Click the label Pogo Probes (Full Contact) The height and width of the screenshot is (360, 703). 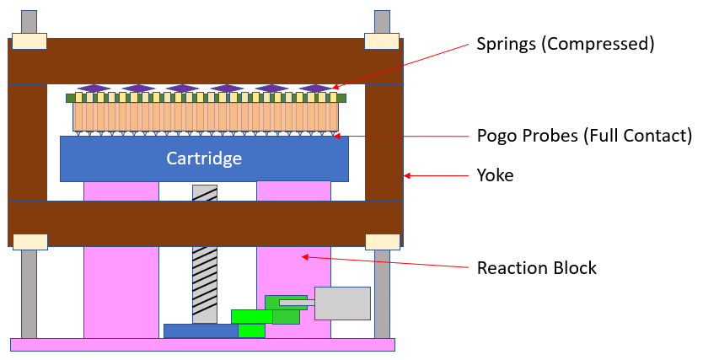click(x=584, y=135)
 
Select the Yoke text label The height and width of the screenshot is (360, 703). click(x=495, y=175)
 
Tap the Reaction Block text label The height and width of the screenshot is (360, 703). click(x=536, y=268)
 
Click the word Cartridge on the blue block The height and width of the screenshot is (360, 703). click(x=204, y=159)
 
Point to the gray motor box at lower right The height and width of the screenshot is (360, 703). click(x=342, y=304)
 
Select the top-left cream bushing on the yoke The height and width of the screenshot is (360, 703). click(x=29, y=41)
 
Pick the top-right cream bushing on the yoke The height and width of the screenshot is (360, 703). click(x=380, y=41)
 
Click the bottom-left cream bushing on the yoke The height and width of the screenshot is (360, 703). click(x=30, y=241)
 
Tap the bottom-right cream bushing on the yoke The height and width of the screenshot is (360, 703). click(x=381, y=241)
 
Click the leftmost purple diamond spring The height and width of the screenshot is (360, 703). click(x=94, y=89)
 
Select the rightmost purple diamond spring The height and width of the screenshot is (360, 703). click(x=315, y=89)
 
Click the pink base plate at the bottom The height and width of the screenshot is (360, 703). click(x=202, y=344)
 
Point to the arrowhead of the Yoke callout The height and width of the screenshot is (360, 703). click(x=406, y=175)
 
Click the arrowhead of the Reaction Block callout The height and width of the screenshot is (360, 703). click(x=304, y=255)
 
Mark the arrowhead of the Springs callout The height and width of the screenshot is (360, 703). click(x=333, y=86)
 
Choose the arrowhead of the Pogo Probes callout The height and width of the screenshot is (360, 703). click(x=335, y=135)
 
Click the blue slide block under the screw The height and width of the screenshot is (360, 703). click(x=202, y=330)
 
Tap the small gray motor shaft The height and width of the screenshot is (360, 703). click(x=296, y=302)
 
